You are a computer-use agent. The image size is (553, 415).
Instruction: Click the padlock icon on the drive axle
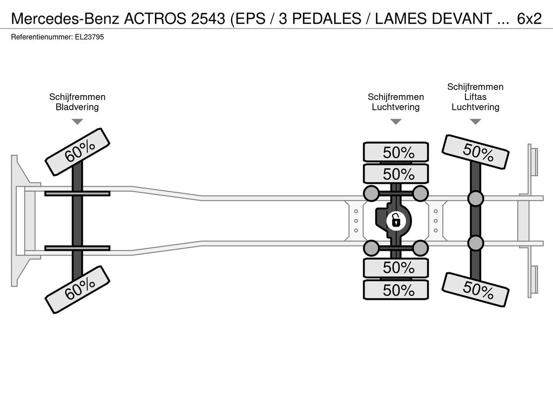pos(396,221)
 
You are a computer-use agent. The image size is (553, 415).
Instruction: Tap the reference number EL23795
pos(89,37)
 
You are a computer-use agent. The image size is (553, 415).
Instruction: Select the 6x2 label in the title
pos(529,19)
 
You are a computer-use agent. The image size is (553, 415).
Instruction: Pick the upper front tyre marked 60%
pos(77,152)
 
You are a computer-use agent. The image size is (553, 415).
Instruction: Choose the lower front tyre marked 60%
pos(77,290)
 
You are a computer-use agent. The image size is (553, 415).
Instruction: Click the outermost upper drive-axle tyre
pos(396,152)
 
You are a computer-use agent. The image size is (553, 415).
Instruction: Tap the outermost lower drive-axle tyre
pos(396,290)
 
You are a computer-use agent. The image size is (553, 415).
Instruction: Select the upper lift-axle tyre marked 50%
pos(475,152)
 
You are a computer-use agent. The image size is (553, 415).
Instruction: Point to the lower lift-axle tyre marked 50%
pos(475,290)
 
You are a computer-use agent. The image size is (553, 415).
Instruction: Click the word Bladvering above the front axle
pos(77,107)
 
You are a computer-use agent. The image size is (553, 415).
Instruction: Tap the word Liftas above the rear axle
pos(475,97)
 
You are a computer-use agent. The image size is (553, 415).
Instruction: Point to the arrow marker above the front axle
pos(77,122)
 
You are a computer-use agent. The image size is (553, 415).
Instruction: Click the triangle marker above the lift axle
pos(475,122)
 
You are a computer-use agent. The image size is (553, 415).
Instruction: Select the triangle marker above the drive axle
pos(396,122)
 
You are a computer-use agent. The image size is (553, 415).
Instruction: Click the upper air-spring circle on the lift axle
pos(475,198)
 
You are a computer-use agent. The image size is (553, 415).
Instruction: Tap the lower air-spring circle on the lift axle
pos(475,243)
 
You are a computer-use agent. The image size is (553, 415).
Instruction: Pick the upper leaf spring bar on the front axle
pos(77,193)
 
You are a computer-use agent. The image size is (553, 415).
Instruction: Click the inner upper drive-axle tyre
pos(396,174)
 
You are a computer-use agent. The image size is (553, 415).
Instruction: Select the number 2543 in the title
pos(208,19)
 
